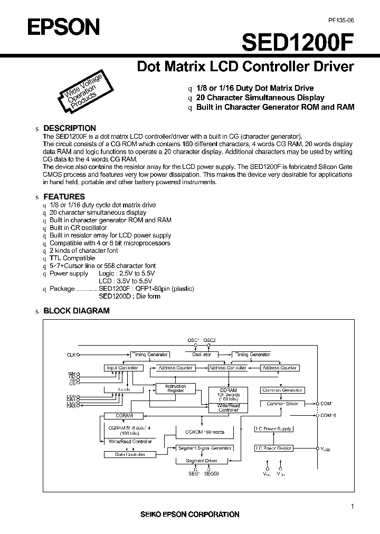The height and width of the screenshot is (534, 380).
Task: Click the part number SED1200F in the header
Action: point(298,42)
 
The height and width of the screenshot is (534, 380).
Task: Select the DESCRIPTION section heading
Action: point(69,128)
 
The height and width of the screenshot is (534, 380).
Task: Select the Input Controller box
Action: point(122,368)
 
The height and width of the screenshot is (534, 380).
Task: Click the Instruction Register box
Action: point(176,388)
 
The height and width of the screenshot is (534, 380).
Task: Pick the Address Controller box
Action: point(227,368)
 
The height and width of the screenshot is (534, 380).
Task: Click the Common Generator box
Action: point(282,390)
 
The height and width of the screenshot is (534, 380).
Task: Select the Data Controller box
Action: point(122,454)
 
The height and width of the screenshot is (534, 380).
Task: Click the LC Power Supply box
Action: point(273,429)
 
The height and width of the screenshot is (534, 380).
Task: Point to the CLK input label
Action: point(71,355)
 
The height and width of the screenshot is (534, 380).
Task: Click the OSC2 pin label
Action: point(210,340)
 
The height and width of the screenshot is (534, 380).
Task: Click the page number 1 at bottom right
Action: point(352,507)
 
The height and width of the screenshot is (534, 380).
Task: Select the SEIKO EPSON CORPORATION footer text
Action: point(189,514)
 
